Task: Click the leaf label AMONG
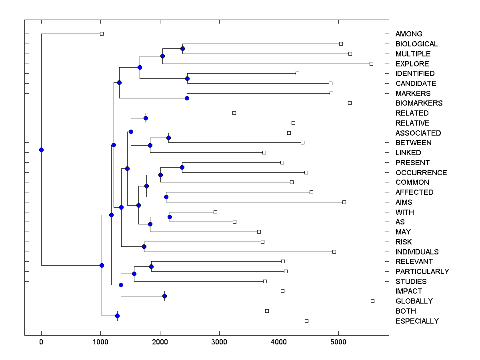408,34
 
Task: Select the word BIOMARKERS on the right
419,103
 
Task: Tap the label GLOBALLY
414,301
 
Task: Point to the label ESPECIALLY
417,321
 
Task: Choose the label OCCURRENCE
421,173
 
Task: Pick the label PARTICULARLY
422,272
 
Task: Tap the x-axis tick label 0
41,342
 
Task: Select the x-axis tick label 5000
338,342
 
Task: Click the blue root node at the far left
41,150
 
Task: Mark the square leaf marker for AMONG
102,34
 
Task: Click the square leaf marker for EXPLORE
371,64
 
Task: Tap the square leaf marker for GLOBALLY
372,301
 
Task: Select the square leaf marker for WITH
215,212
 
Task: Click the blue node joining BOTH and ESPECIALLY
117,316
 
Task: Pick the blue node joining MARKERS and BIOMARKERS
187,98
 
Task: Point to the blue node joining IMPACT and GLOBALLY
164,296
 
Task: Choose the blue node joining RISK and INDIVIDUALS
144,246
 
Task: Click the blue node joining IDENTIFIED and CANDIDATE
187,78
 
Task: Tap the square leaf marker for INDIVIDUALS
334,252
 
